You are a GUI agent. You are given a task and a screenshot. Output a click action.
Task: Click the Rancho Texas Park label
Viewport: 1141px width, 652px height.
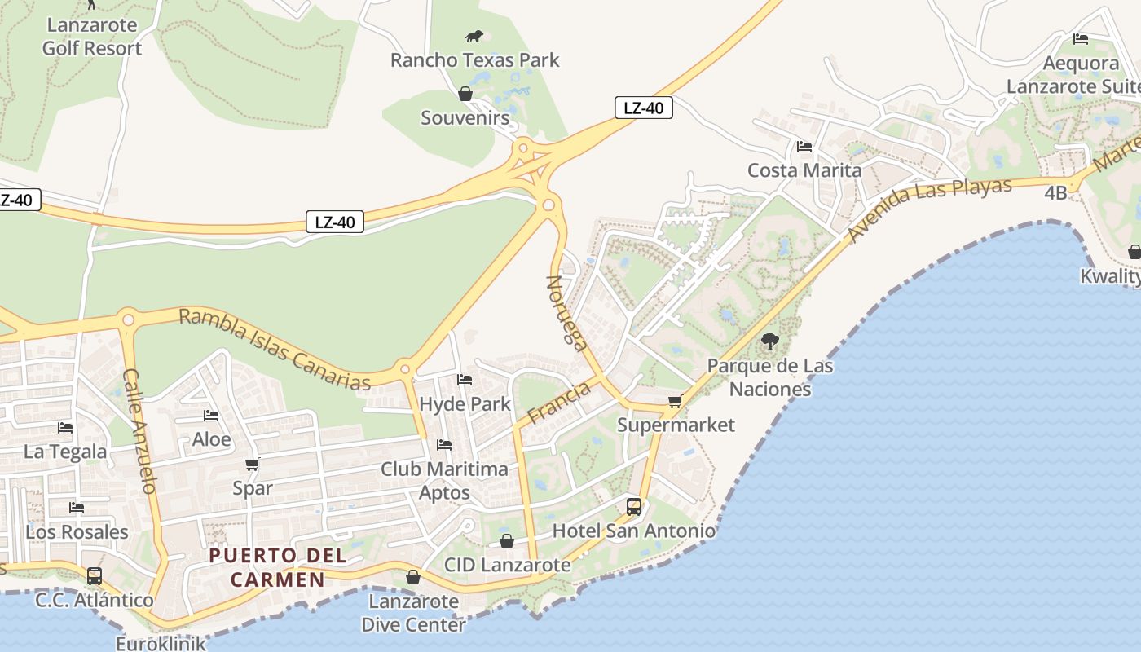[474, 59]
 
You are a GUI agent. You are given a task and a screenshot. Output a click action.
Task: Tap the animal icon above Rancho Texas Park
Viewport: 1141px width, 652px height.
[474, 36]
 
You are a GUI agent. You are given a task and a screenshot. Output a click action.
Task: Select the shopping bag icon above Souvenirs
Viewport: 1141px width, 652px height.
[465, 94]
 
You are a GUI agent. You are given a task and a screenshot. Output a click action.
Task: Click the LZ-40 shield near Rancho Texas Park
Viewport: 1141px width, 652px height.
[643, 108]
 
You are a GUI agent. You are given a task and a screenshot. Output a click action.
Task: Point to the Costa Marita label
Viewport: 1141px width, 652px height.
[804, 170]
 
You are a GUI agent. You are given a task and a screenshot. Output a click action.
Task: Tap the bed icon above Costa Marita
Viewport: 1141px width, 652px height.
[804, 147]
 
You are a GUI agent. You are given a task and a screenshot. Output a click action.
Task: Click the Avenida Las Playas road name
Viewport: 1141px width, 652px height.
[929, 209]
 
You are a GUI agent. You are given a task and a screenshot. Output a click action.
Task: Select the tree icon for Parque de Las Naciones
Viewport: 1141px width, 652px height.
[769, 341]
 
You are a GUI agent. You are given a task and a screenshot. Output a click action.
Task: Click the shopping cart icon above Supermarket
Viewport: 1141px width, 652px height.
[675, 401]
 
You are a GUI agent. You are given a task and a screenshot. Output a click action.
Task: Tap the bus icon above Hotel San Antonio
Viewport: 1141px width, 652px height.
[634, 507]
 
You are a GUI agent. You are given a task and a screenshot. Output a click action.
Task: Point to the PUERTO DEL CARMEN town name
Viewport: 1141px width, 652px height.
[278, 567]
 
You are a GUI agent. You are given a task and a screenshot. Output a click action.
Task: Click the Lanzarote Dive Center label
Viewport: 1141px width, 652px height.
[413, 613]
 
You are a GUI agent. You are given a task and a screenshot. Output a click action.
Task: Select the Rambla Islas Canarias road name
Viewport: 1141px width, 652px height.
[274, 348]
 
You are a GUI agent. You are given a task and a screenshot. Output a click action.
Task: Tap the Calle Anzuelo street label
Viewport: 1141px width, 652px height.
[139, 431]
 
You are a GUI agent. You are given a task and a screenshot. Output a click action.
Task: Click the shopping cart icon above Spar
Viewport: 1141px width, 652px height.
[252, 465]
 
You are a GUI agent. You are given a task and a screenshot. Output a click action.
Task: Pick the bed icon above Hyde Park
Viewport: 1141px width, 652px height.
[465, 380]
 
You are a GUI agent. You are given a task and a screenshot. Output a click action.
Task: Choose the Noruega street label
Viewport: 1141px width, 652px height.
[566, 313]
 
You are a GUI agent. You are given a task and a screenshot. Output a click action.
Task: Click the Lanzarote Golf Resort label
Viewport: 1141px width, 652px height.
[91, 37]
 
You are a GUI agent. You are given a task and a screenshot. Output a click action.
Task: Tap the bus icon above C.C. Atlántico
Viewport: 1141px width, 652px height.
[95, 576]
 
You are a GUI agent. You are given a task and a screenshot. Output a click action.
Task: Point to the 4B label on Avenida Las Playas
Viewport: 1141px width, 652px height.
[1055, 192]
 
